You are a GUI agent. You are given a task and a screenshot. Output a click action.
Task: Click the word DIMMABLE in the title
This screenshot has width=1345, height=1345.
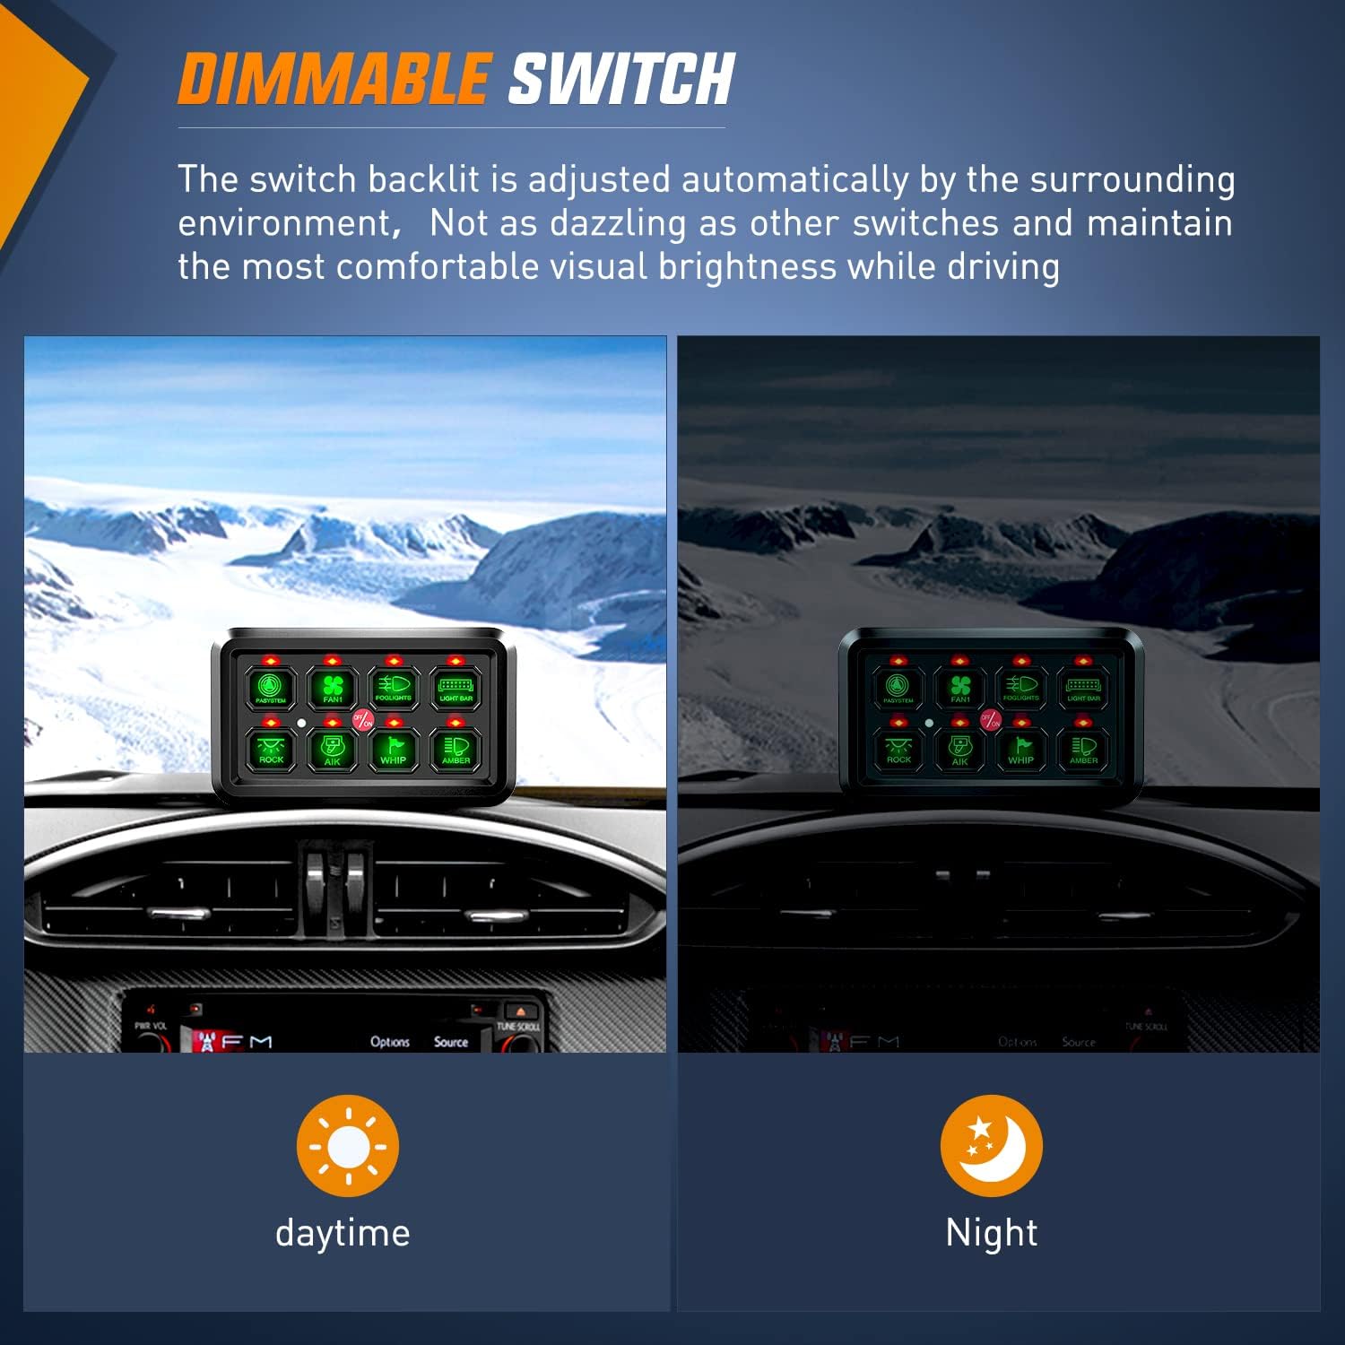[334, 79]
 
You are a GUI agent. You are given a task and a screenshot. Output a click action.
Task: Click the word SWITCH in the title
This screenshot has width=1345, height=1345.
[621, 79]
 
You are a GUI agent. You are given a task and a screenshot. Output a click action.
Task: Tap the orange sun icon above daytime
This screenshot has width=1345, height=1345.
[348, 1145]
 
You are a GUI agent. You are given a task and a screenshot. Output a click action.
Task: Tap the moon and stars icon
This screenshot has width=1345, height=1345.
[991, 1145]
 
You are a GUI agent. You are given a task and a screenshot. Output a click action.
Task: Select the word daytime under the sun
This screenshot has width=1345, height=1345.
[343, 1233]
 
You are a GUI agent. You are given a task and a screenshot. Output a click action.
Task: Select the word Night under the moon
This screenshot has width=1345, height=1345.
[991, 1233]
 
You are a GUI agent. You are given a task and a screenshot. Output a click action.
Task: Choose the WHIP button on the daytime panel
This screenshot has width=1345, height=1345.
[394, 750]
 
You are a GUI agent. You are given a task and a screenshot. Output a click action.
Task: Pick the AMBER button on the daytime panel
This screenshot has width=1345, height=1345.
[456, 750]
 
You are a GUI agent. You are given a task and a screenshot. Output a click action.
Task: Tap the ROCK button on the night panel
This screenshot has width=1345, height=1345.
[898, 750]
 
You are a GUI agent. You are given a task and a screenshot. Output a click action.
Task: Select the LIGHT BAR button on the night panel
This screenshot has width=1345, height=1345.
[1083, 688]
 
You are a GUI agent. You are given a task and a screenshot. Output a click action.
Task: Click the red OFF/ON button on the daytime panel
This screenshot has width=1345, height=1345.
[363, 719]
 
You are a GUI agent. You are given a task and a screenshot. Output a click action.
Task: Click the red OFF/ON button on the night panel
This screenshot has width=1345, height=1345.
[991, 719]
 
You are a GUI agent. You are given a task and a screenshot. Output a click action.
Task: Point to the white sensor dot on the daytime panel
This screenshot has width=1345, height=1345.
[301, 722]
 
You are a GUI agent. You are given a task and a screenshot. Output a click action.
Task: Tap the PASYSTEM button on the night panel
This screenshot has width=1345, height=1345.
[898, 688]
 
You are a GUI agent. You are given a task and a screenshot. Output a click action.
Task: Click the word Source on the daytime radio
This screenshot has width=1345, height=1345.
[451, 1042]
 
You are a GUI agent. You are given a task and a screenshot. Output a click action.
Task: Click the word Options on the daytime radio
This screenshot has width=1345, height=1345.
[390, 1042]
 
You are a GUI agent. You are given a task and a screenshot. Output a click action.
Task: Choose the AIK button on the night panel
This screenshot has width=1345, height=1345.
[960, 750]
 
